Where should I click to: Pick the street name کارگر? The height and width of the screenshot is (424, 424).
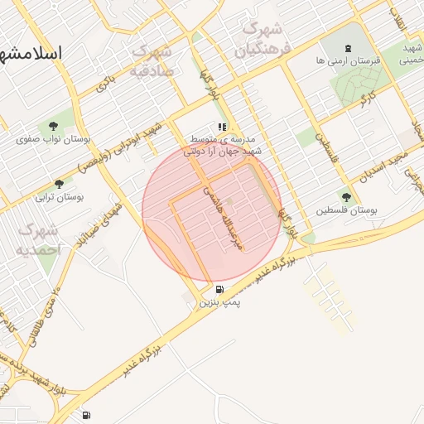pyautogui.click(x=365, y=99)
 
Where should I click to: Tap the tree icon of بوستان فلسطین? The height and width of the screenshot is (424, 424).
pyautogui.click(x=346, y=197)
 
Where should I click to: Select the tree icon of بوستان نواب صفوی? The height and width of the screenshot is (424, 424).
pyautogui.click(x=54, y=126)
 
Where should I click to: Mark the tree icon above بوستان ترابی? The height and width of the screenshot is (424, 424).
pyautogui.click(x=58, y=184)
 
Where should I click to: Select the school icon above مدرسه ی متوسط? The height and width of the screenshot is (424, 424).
pyautogui.click(x=222, y=127)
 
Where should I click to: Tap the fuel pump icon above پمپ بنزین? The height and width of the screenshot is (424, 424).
pyautogui.click(x=219, y=289)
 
